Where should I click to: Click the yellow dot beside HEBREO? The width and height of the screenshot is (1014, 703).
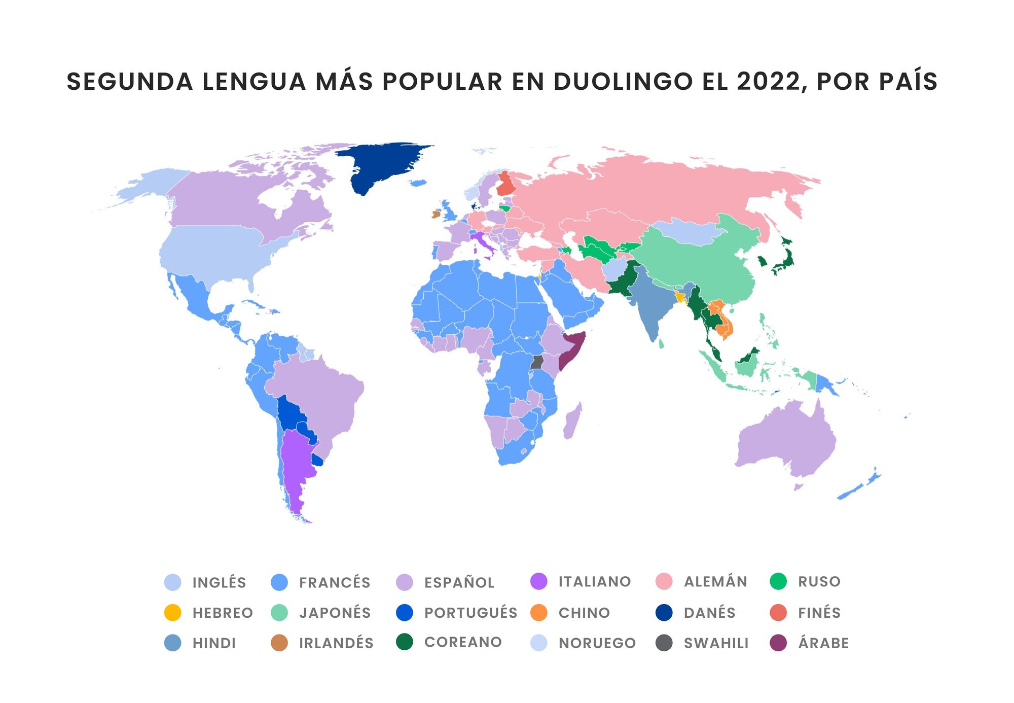(173, 612)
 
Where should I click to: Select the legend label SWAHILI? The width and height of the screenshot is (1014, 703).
(716, 643)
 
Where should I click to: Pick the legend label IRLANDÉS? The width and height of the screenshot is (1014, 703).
(336, 643)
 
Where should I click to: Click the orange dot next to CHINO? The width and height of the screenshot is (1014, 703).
(539, 612)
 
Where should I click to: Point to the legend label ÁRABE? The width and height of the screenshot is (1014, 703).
(823, 643)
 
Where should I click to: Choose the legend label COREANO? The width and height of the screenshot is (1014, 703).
(462, 642)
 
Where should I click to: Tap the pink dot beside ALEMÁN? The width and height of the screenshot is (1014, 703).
(664, 581)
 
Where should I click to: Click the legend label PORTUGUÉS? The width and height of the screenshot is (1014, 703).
(470, 612)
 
